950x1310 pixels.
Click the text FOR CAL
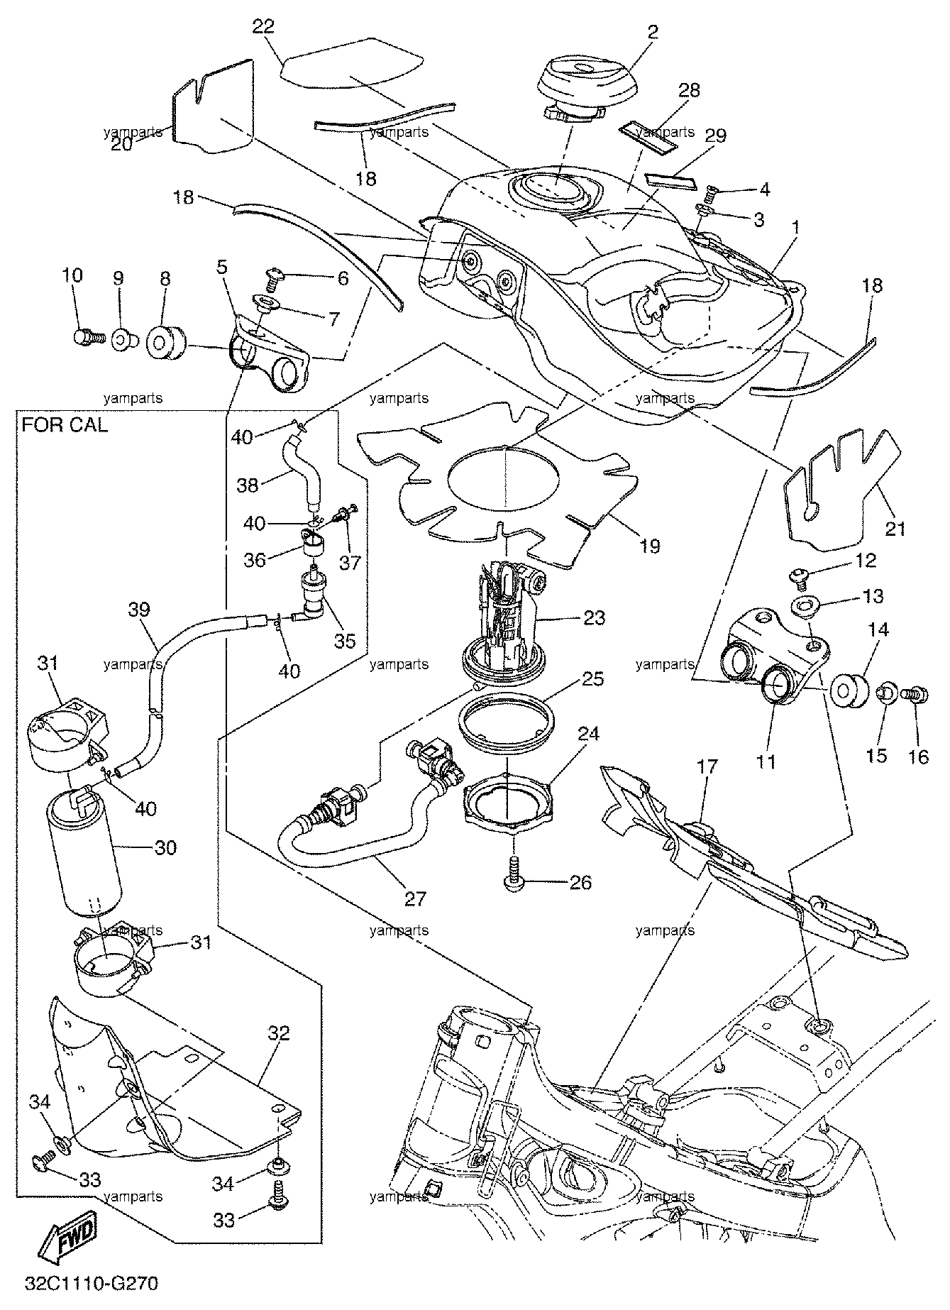(65, 425)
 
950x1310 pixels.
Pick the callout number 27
(415, 899)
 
